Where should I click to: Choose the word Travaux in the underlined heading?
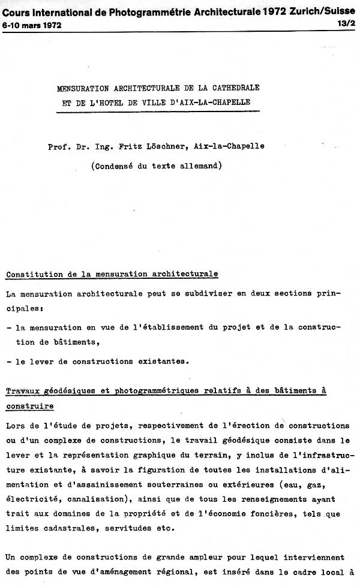[x=23, y=391]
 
